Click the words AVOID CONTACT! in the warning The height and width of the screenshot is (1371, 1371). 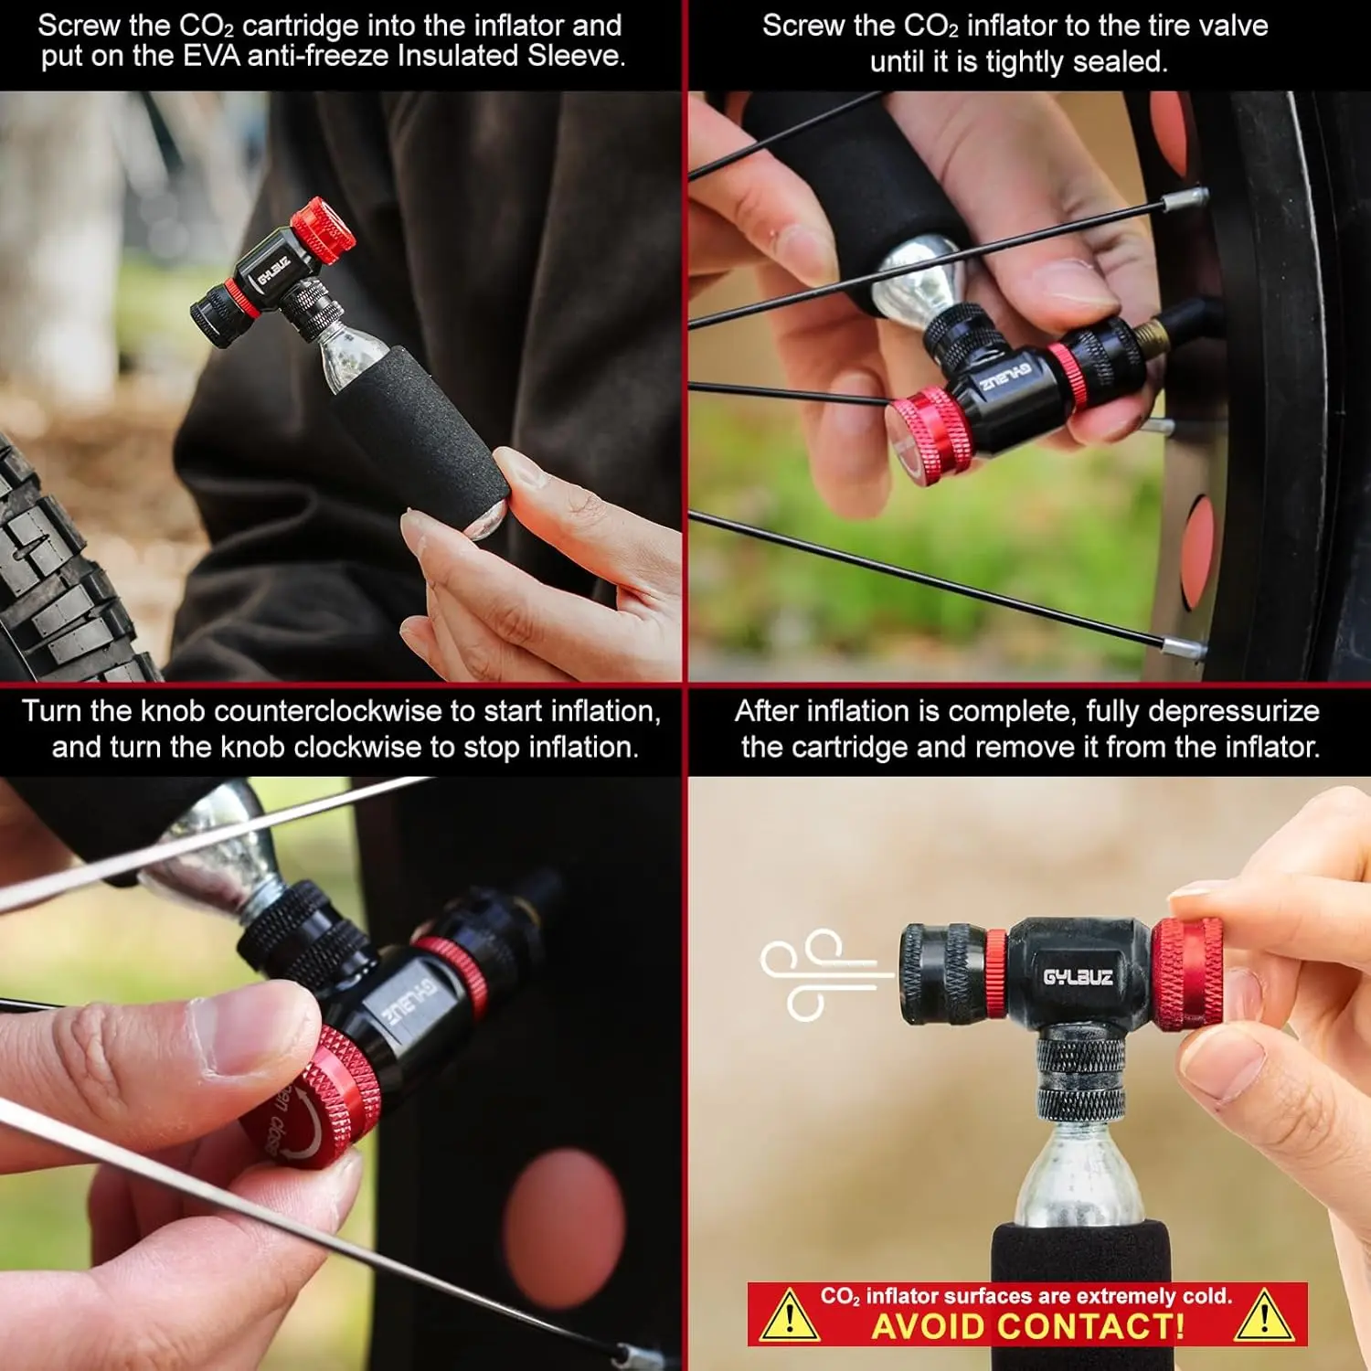[x=1028, y=1326]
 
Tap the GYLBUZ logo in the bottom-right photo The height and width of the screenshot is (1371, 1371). [x=1078, y=976]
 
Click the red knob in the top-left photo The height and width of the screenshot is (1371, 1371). [x=323, y=228]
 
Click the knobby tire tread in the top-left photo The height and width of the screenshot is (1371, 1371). [x=59, y=576]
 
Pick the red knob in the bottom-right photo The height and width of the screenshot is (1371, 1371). [x=1187, y=974]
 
